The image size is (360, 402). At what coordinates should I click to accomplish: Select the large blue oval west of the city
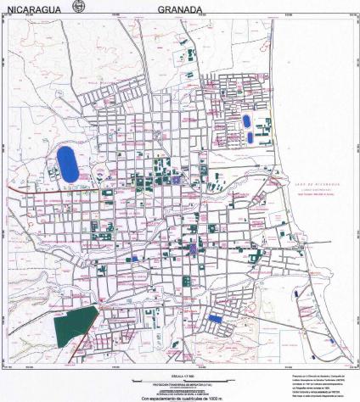65,162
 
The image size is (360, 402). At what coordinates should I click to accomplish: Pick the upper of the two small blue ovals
247,121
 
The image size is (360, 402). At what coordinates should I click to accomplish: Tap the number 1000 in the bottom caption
217,398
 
